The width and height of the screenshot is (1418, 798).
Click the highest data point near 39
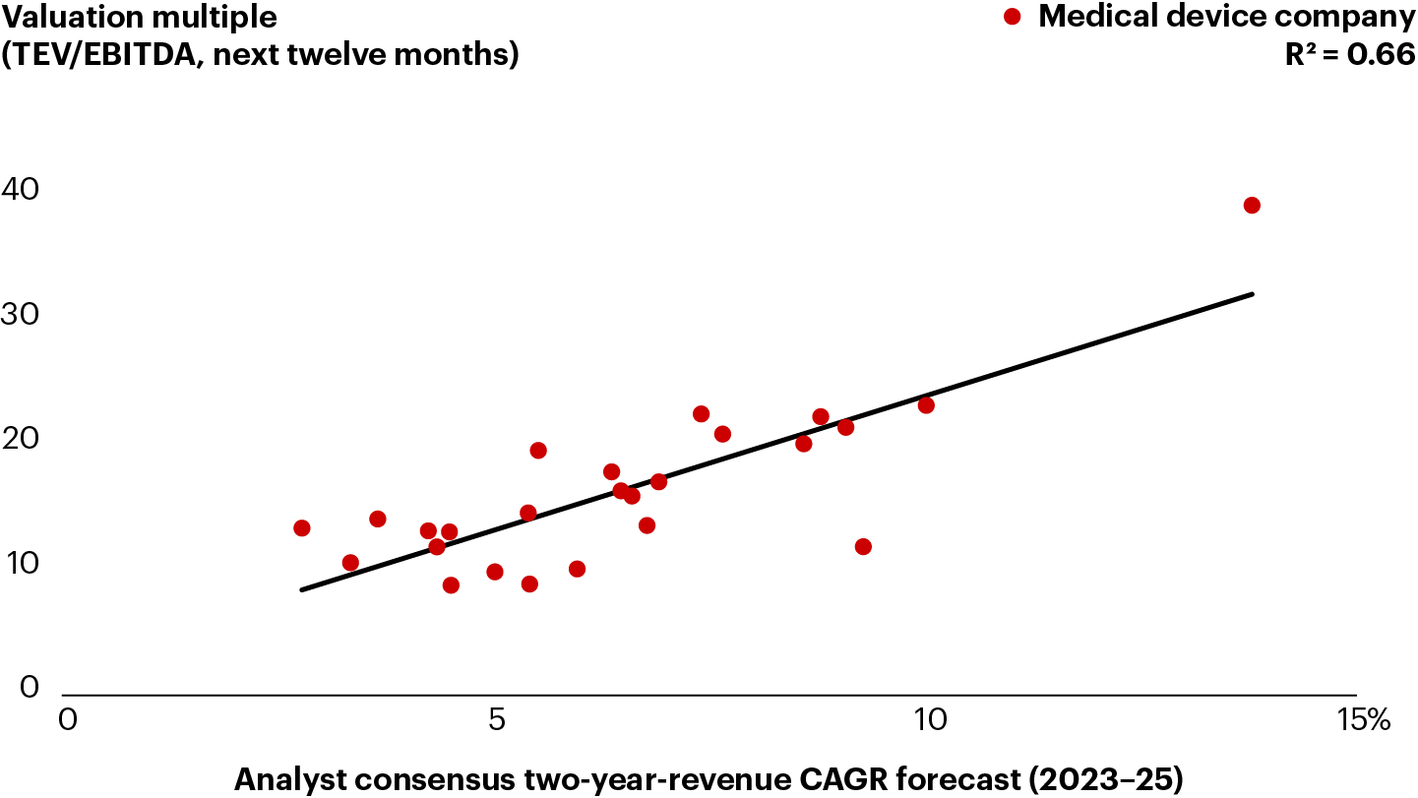click(x=1252, y=206)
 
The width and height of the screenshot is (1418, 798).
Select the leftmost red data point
click(x=302, y=528)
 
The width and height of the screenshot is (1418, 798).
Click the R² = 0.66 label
click(x=1350, y=55)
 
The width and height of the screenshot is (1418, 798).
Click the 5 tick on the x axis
click(x=498, y=720)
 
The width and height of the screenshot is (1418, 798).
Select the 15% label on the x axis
click(x=1363, y=720)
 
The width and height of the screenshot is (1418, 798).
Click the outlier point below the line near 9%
click(x=863, y=547)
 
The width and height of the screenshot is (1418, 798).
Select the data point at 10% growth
click(x=926, y=405)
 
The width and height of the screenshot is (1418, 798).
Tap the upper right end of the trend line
click(x=1252, y=293)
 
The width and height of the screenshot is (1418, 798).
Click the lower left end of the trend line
click(x=302, y=590)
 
